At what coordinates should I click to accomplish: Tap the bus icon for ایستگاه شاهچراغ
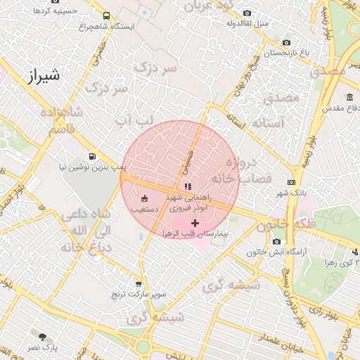pyautogui.click(x=106, y=15)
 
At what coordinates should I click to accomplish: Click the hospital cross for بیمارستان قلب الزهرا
pyautogui.click(x=195, y=222)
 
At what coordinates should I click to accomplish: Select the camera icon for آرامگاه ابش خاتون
pyautogui.click(x=257, y=242)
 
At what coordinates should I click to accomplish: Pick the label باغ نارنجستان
pyautogui.click(x=287, y=53)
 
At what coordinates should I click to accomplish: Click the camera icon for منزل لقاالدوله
pyautogui.click(x=247, y=13)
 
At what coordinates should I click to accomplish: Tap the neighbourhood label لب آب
pyautogui.click(x=134, y=122)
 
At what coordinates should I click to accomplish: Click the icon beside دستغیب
pyautogui.click(x=145, y=198)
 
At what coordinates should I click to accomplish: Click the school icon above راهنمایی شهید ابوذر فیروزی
pyautogui.click(x=187, y=187)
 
